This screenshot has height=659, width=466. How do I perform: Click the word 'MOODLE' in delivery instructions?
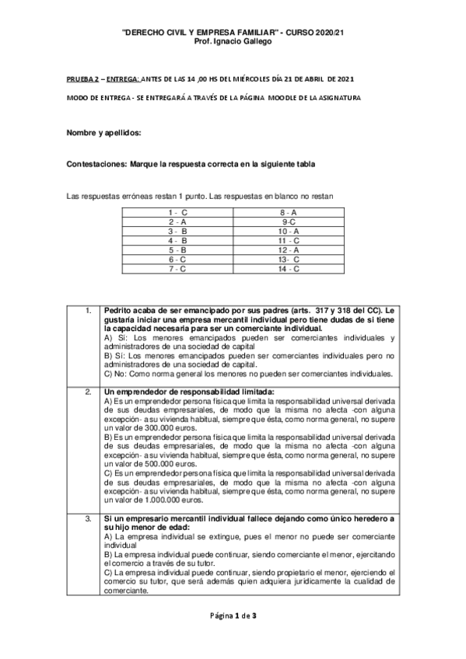[x=293, y=97]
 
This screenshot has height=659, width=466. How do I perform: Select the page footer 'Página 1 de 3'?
[x=233, y=616]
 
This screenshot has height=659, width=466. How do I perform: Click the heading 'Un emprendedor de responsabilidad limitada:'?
[x=189, y=390]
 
